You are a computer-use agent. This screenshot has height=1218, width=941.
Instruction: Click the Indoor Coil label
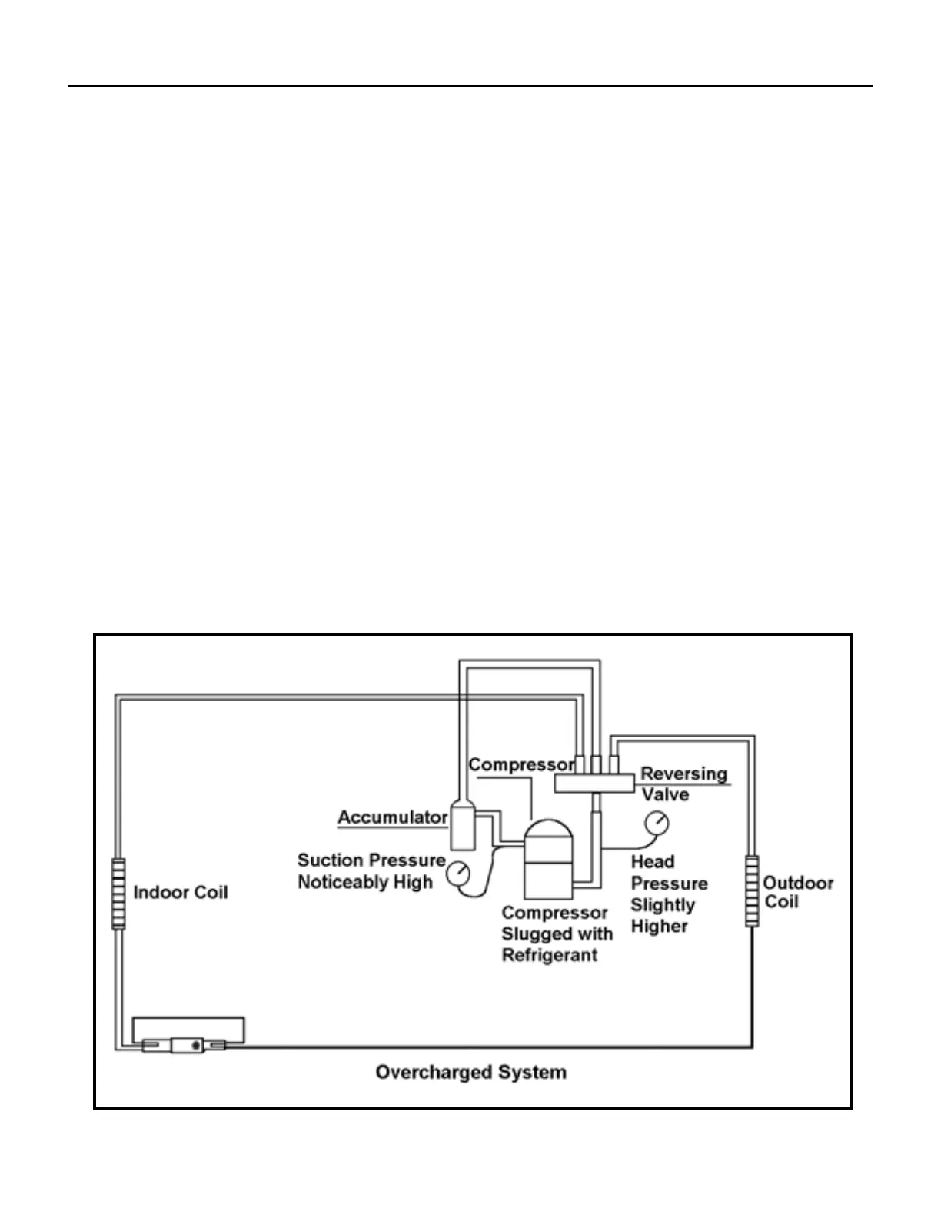coord(180,893)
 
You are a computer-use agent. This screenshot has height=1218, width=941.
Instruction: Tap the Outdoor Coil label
coord(797,892)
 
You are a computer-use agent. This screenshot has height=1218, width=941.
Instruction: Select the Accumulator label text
coord(392,817)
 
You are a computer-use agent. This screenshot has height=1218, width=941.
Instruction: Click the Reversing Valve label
coord(683,784)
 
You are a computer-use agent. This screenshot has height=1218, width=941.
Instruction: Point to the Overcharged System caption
coord(470,1072)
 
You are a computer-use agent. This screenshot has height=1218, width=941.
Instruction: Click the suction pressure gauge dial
coord(458,873)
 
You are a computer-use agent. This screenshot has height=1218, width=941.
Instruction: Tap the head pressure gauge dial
coord(657,823)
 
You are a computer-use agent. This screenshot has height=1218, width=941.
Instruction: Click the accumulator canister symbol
coord(462,827)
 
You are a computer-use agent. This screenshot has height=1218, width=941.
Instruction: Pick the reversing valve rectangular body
coord(594,784)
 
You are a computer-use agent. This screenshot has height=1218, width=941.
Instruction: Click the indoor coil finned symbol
coord(118,894)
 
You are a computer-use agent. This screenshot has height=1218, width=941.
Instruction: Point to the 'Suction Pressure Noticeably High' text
coord(371,871)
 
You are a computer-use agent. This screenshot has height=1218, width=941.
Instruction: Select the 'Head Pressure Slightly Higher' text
coord(668,894)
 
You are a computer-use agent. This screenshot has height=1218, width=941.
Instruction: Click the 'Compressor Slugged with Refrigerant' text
coord(557,934)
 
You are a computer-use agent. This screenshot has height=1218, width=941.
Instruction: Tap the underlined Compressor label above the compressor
coord(521,765)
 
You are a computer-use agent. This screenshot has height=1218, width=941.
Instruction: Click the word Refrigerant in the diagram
coord(549,956)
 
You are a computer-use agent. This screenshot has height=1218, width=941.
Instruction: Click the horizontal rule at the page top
coord(470,86)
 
